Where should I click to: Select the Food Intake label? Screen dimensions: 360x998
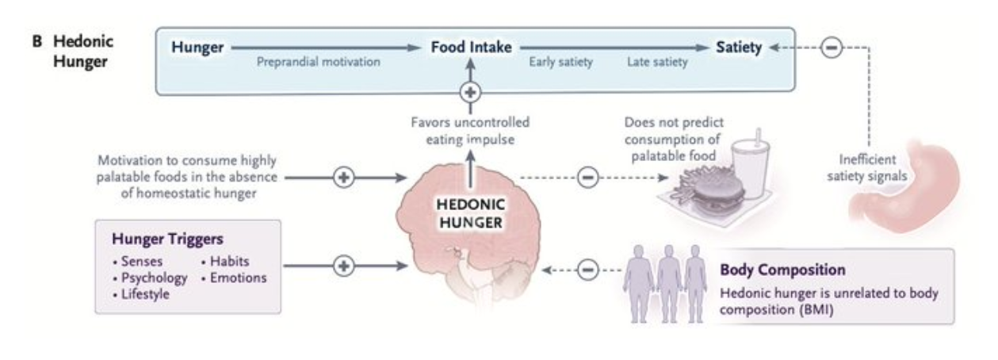pyautogui.click(x=470, y=48)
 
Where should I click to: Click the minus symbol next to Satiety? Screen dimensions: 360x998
pyautogui.click(x=831, y=48)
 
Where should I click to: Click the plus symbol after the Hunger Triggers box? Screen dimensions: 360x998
pyautogui.click(x=343, y=266)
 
